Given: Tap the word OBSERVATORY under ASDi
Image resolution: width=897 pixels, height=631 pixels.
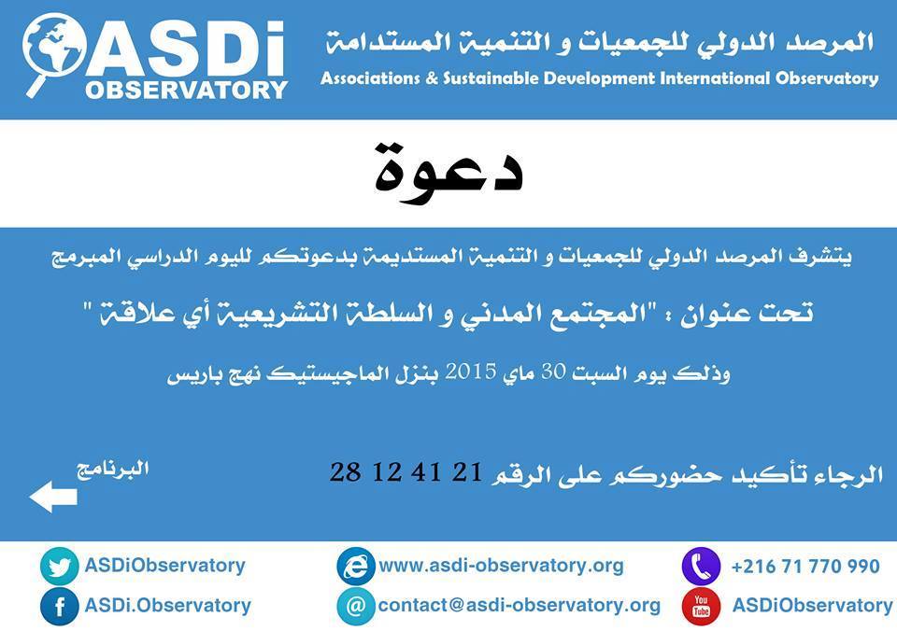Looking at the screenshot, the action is (187, 91).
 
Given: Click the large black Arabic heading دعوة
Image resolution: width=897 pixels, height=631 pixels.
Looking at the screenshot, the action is (448, 168).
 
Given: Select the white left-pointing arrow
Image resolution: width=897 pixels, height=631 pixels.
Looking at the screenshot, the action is (53, 496).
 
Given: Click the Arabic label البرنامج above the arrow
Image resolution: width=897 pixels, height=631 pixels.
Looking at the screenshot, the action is (113, 470).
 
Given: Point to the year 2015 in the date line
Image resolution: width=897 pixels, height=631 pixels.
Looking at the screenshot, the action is (471, 372).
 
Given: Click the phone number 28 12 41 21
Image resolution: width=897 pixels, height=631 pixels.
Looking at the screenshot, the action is (406, 472).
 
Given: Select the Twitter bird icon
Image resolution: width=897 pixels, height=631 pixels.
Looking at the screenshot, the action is (60, 566).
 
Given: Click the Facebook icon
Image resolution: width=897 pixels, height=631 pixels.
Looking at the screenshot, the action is (60, 606).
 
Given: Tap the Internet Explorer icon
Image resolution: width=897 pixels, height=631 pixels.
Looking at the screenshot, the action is (356, 566).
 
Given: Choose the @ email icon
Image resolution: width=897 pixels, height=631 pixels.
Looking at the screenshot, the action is (356, 606).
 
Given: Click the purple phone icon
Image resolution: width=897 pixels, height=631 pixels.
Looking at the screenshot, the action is (702, 566).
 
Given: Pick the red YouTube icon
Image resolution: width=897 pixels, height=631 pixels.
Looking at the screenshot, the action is (702, 606).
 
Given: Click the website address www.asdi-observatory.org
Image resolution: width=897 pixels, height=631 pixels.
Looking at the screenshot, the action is (501, 566).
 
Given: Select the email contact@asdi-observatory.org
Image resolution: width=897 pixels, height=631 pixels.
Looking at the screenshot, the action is (520, 605).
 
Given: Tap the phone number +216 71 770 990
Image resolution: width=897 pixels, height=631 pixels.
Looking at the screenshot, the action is (805, 567).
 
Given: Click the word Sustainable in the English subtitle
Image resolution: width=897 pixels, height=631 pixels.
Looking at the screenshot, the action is (491, 77).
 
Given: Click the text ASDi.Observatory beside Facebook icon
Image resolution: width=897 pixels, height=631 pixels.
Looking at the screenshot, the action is (167, 605).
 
